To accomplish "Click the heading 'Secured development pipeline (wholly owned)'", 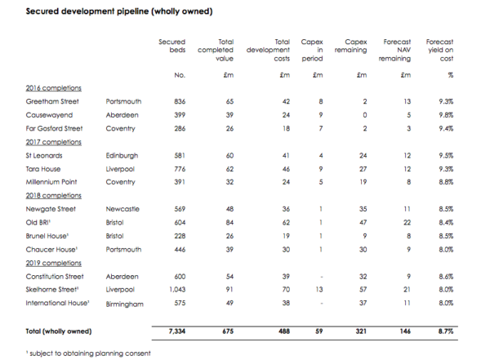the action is [119, 11].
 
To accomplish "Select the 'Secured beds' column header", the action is [171, 46].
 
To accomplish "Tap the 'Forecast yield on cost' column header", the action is [439, 50].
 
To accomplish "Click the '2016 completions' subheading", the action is [53, 88].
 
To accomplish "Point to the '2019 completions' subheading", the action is [53, 263].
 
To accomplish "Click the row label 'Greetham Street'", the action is [52, 101].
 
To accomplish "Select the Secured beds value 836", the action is [180, 101].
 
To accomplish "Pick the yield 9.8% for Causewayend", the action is [446, 115].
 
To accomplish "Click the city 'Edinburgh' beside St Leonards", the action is [122, 156].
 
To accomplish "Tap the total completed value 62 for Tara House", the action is [229, 169].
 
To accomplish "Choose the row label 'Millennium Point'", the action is [51, 182].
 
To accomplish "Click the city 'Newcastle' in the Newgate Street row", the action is [122, 209].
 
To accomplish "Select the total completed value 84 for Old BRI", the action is [229, 223].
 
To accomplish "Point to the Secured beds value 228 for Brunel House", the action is [180, 236].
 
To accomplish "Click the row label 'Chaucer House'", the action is [51, 250].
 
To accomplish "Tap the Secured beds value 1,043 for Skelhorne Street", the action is [177, 290].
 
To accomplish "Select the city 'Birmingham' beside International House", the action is [124, 304].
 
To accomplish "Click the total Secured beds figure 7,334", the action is [177, 331].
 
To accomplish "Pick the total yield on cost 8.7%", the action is [446, 331].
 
